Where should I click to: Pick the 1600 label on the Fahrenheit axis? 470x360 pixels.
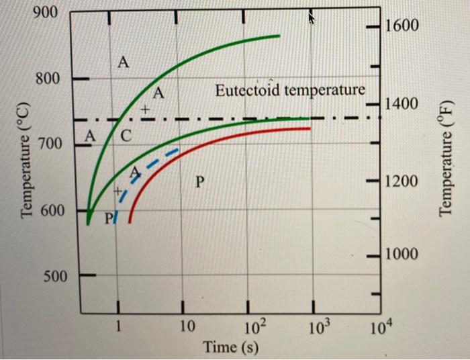[x=402, y=26]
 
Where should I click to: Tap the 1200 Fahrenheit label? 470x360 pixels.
[x=402, y=182]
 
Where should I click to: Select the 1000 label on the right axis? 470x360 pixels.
[x=402, y=254]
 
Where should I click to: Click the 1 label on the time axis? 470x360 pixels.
[x=118, y=328]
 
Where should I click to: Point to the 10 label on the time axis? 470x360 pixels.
[x=188, y=328]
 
